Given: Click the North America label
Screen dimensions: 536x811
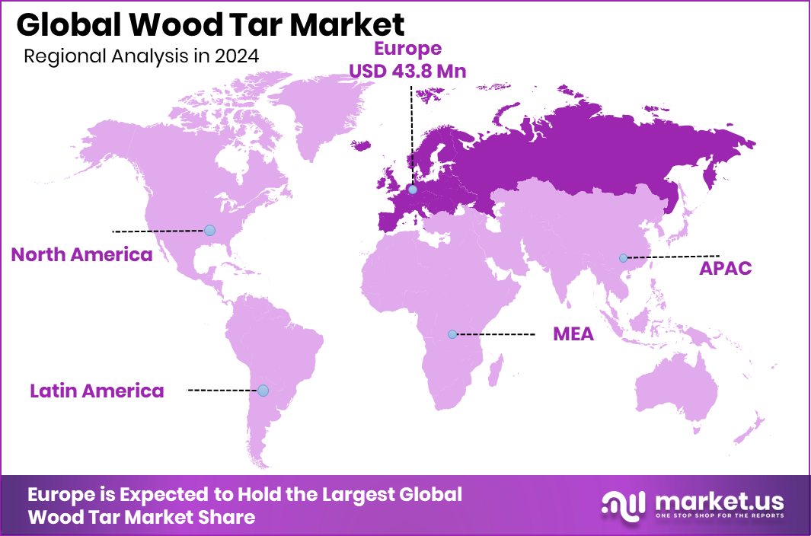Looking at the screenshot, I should tap(81, 255).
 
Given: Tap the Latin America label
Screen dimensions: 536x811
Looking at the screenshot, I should tap(97, 391).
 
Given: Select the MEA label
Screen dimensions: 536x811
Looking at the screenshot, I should tap(573, 334).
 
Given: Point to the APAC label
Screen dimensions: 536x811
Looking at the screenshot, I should tap(726, 268).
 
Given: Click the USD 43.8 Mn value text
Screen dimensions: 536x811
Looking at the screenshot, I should tap(407, 71).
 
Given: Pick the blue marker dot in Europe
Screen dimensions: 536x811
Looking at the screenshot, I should tap(413, 190).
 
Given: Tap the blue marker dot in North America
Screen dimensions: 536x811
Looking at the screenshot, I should tap(209, 230).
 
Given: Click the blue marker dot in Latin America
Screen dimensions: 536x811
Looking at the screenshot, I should tap(263, 391).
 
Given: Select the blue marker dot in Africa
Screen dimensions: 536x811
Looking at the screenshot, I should tap(452, 334).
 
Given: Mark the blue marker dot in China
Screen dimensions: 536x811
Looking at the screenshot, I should tap(623, 257).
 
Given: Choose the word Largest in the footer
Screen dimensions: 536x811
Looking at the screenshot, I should tap(356, 495).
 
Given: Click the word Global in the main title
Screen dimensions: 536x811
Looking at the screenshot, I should tap(63, 25).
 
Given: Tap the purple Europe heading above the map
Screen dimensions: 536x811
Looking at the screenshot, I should tap(407, 49).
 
